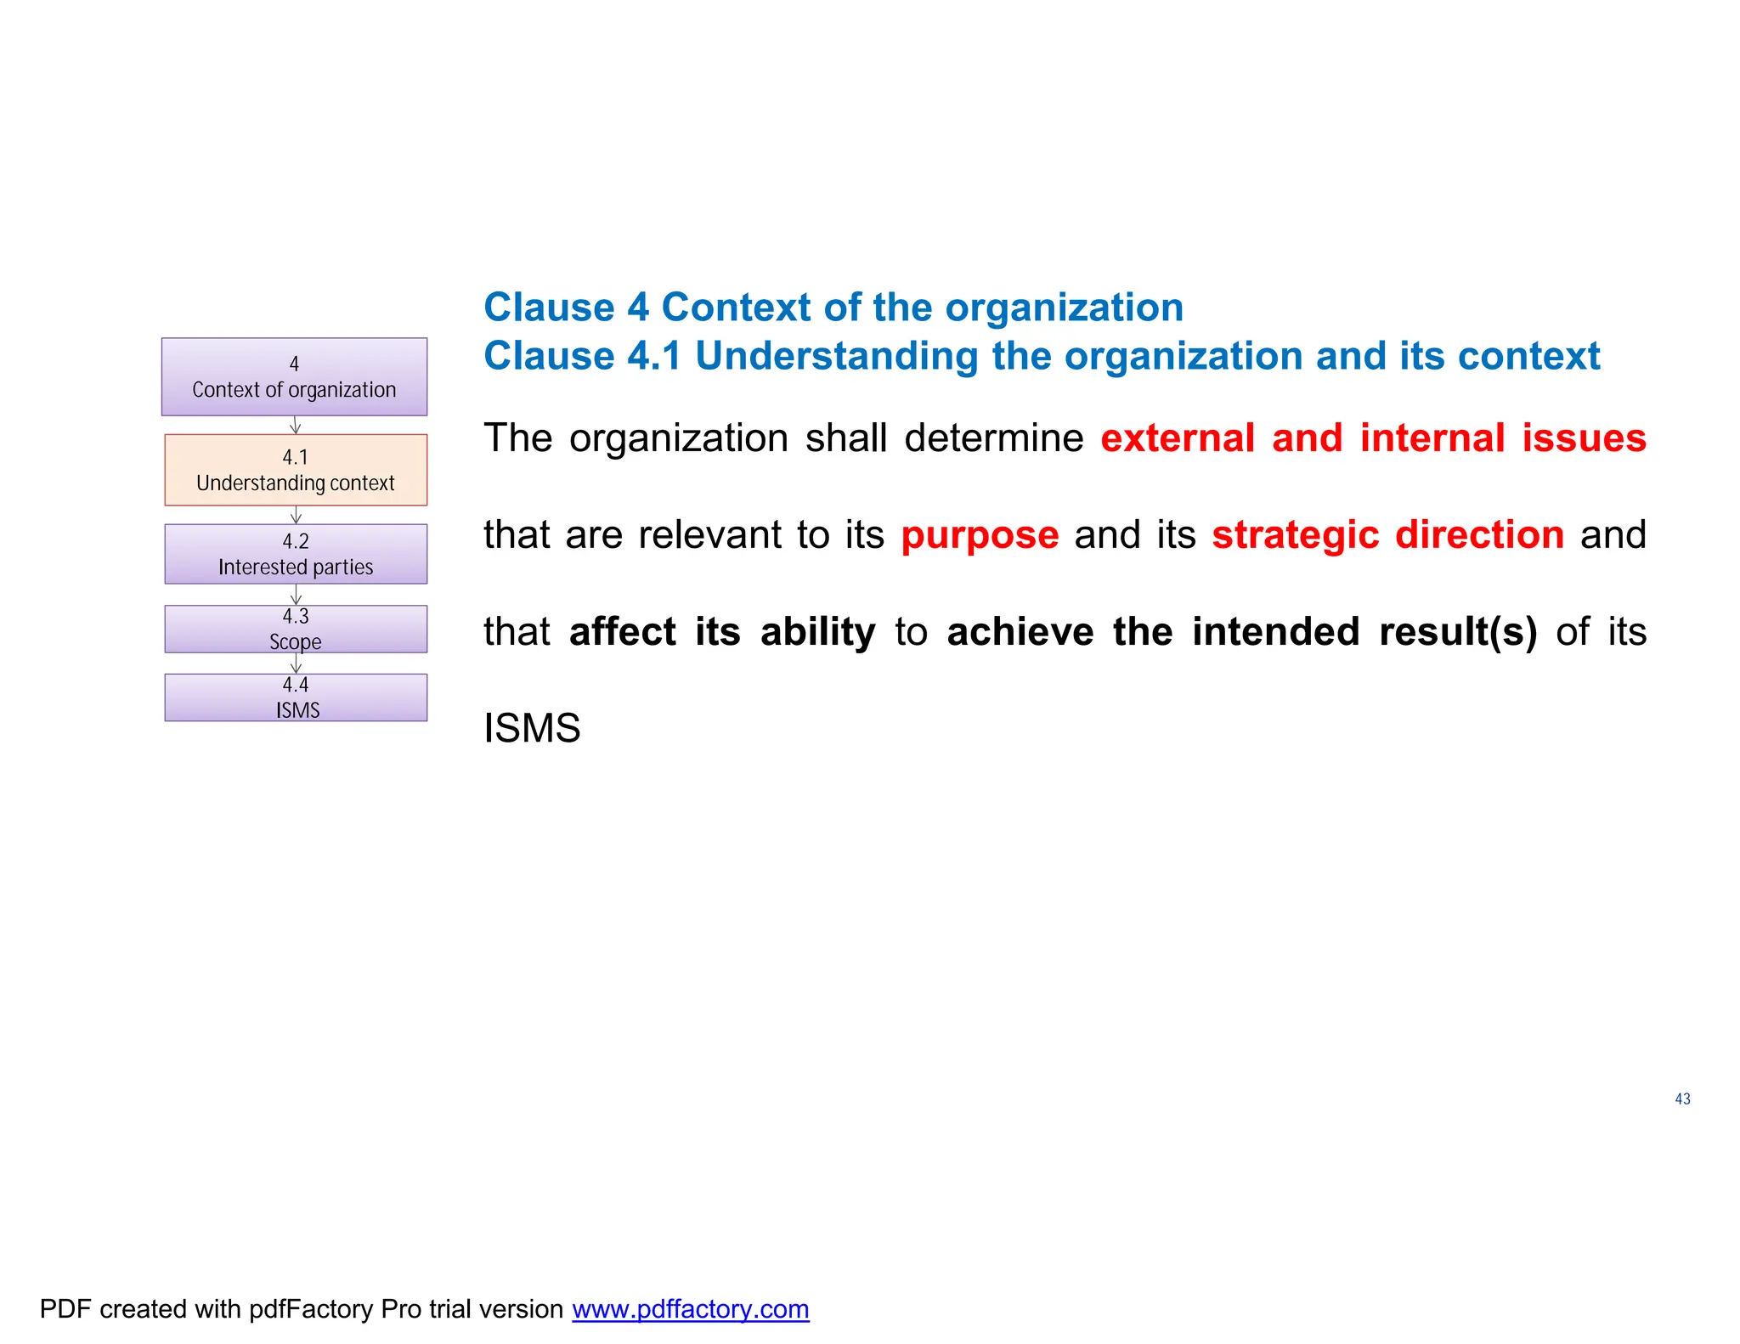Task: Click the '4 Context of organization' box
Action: tap(294, 376)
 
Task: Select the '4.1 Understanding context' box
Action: tap(296, 470)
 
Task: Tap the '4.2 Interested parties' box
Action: tap(296, 554)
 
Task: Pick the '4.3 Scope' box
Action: tap(296, 629)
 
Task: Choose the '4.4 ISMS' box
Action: tap(296, 697)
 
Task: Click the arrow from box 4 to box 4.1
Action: tap(296, 425)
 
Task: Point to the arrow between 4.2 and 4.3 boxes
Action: tap(296, 595)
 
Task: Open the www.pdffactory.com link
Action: tap(690, 1309)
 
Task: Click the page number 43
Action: tap(1682, 1099)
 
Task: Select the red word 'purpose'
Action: tap(980, 536)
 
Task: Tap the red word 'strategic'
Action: tap(1295, 536)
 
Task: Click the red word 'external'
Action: tap(1178, 438)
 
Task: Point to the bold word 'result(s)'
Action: tap(1458, 632)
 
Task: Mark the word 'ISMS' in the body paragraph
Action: tap(532, 729)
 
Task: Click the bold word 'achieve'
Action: tap(1020, 632)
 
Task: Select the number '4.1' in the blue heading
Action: tap(654, 356)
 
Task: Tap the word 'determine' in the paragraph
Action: tap(993, 438)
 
